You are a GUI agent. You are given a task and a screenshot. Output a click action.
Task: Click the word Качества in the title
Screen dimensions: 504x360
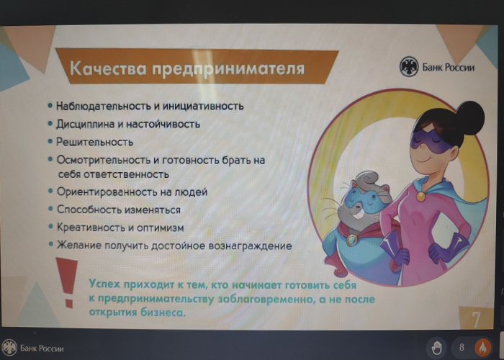point(108,68)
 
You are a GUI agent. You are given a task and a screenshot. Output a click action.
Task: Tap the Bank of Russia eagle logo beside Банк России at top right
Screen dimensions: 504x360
point(408,67)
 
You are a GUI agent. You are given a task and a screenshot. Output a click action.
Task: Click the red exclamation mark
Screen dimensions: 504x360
point(67,282)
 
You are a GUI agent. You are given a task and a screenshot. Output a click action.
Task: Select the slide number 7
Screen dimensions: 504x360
point(476,319)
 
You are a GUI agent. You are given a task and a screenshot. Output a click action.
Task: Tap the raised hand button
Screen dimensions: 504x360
point(436,348)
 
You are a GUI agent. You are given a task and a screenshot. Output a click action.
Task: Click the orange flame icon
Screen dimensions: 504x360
point(482,348)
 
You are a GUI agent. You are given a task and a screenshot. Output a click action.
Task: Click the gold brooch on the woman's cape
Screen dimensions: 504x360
point(420,195)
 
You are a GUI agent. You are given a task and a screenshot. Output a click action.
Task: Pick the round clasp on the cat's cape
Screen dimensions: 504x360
point(351,240)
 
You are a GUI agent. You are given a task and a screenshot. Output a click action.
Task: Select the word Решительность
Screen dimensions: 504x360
point(94,142)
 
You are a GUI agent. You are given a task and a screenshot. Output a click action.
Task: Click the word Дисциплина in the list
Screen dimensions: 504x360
point(84,124)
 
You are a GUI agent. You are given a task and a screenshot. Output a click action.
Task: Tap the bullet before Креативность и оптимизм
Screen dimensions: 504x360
point(51,226)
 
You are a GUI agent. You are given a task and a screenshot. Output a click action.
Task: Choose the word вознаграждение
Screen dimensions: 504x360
point(250,246)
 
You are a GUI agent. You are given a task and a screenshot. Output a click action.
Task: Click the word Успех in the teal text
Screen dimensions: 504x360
point(104,284)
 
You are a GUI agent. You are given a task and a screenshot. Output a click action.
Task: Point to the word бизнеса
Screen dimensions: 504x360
point(163,312)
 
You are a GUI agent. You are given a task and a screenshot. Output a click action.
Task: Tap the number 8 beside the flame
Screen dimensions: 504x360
point(462,347)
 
